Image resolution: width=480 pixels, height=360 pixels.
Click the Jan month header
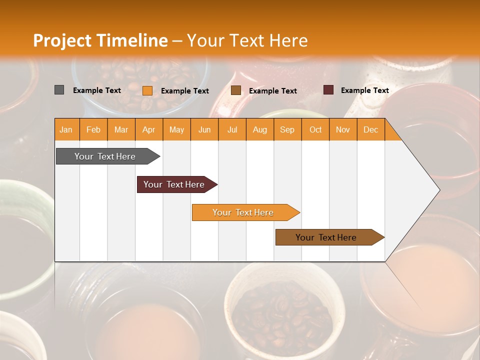tap(66, 130)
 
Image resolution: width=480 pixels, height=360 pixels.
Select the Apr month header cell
tap(149, 130)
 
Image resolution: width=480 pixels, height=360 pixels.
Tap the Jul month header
tap(232, 130)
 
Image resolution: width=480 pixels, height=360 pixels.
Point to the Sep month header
tap(287, 130)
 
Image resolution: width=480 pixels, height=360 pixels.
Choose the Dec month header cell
tap(371, 130)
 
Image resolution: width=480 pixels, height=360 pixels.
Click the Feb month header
tap(93, 130)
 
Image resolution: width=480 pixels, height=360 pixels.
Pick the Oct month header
tap(315, 130)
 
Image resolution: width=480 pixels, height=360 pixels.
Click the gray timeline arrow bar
tap(105, 156)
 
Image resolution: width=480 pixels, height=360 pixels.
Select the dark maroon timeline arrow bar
tap(174, 184)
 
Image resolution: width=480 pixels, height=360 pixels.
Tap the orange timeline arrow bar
tap(243, 212)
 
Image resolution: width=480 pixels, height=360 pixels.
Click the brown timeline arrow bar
tap(326, 237)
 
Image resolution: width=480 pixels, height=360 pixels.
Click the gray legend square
tap(59, 90)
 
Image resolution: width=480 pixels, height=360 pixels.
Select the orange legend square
tap(147, 90)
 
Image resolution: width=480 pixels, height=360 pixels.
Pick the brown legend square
tap(236, 90)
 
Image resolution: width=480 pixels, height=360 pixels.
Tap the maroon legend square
tap(328, 90)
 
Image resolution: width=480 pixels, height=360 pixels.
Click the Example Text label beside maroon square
tap(364, 90)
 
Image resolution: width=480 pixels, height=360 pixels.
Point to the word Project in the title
tap(62, 40)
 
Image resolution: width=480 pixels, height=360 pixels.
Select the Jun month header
tap(204, 130)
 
